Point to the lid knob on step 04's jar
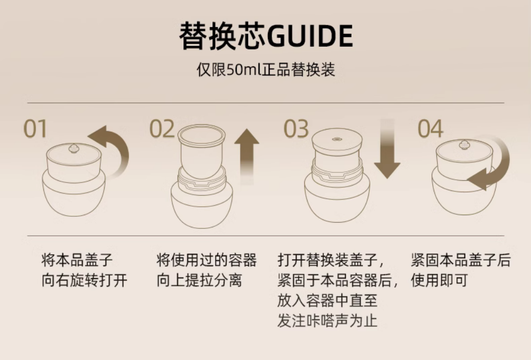464,144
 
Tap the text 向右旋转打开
84,280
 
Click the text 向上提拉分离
199,280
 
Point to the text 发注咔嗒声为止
327,321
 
